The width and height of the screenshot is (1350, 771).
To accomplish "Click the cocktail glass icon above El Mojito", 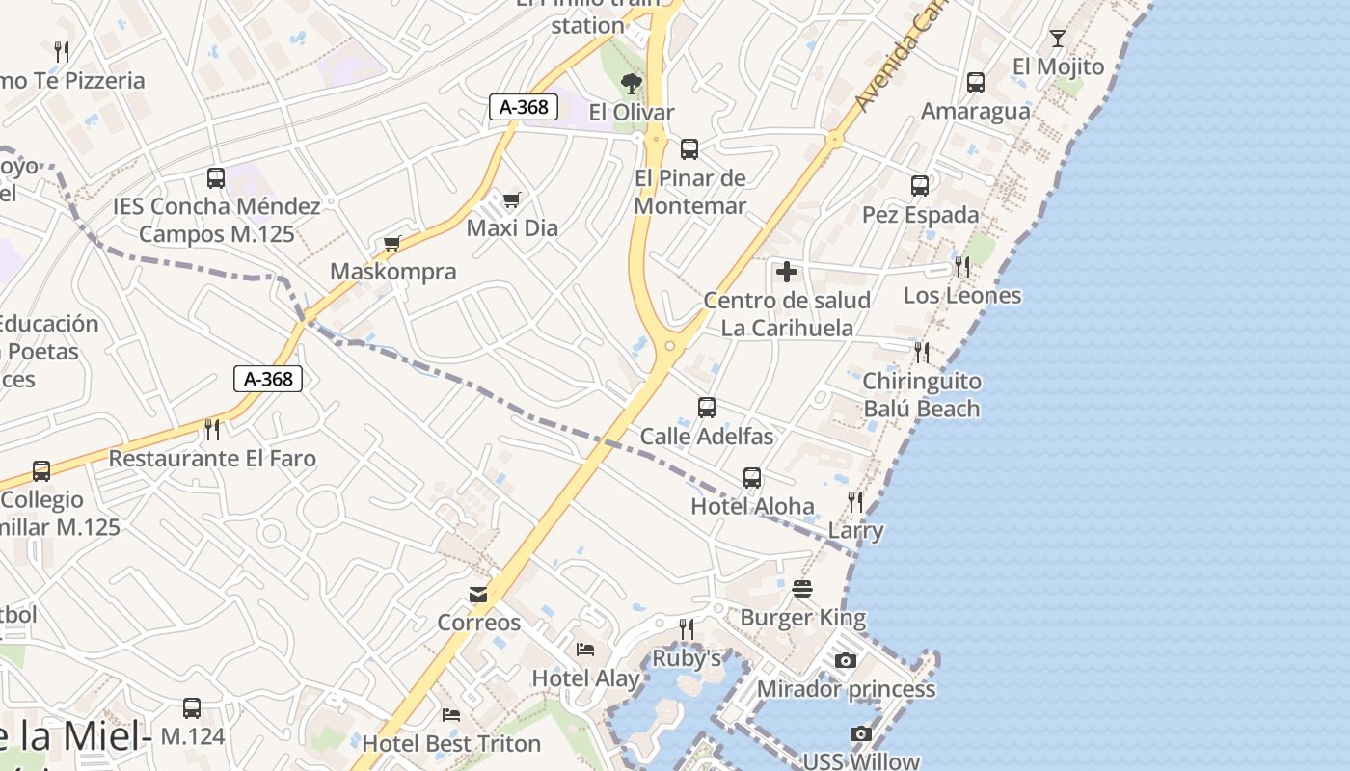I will coord(1058,39).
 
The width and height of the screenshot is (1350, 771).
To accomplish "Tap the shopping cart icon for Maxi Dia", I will coord(511,199).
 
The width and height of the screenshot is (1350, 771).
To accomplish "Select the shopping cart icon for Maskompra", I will coord(391,243).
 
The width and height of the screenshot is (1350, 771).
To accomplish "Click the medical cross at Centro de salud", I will coord(787,272).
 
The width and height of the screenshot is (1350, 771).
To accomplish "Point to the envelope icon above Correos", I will coord(478,594).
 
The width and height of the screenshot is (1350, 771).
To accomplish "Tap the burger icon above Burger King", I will coord(802,588).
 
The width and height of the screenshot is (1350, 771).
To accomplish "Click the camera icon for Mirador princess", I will coord(846,660).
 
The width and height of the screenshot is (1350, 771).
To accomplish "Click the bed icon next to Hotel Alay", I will coord(584,649).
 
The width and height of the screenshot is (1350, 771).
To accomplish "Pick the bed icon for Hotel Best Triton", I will coord(450,714).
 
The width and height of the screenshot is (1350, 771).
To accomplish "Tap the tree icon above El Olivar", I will coord(632,83).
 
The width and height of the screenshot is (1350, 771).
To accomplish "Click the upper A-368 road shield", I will coord(525,107).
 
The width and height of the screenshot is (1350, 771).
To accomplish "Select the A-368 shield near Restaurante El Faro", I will coord(268,379).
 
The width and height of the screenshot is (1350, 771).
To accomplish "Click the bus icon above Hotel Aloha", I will coord(752,477).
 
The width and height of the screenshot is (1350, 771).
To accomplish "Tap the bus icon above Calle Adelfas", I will coord(707,408).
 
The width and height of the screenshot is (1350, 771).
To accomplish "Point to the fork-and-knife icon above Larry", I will coord(855,501).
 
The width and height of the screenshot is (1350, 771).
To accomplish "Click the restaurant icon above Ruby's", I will coord(687,629).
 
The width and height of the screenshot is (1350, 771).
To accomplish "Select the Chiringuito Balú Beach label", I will coord(921,395).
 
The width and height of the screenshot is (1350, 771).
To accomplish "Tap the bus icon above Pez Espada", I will coord(920,185).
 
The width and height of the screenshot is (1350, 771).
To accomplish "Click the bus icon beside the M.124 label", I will coord(192,708).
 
